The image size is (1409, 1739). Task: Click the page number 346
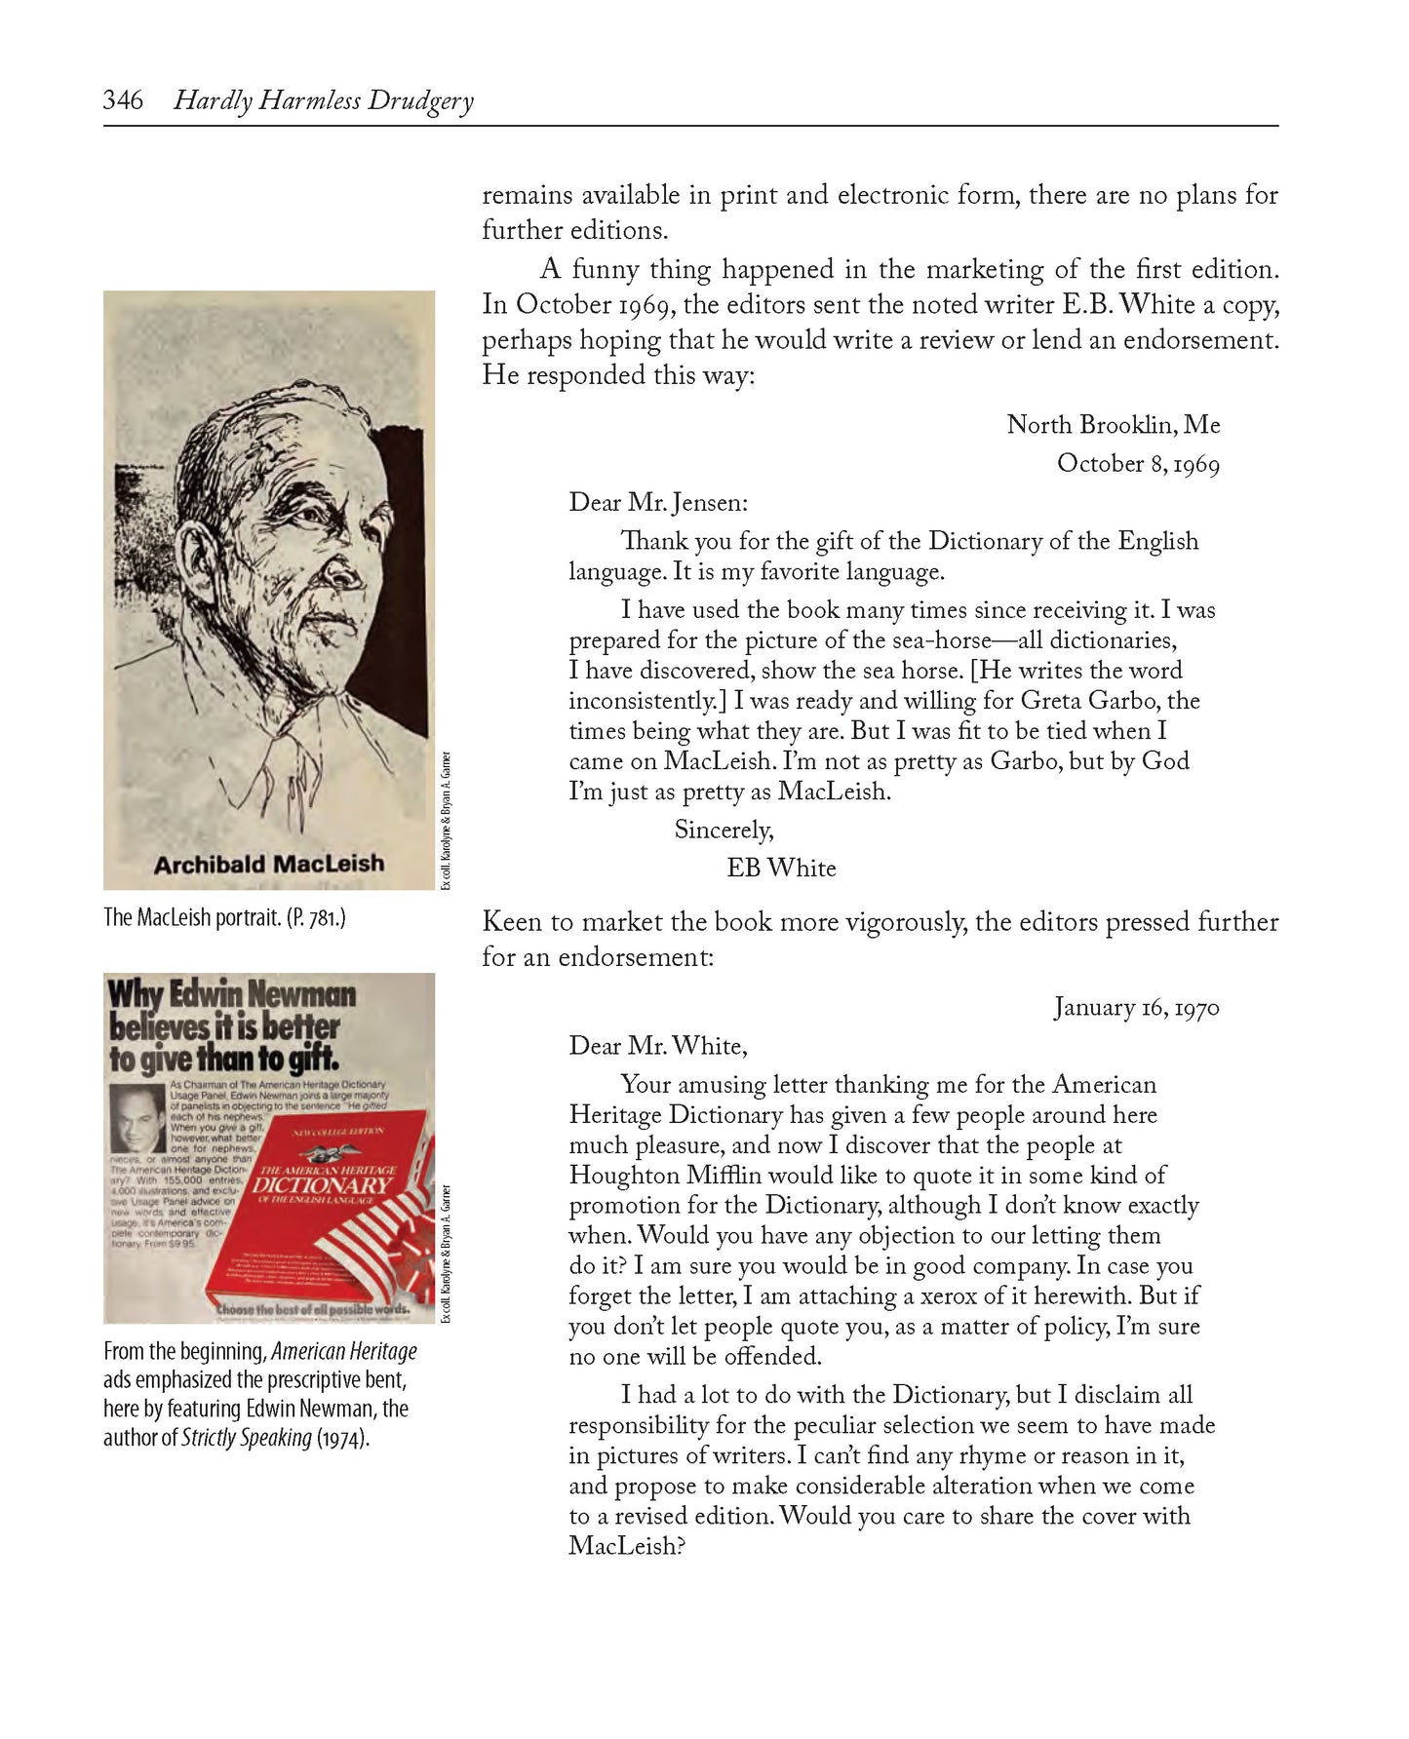[x=123, y=100]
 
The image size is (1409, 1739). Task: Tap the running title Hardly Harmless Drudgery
[x=323, y=101]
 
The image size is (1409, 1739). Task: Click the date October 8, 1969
[x=1138, y=464]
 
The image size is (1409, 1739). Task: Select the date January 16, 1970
[x=1136, y=1008]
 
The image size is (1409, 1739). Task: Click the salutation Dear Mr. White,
[x=658, y=1047]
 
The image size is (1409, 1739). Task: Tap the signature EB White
[x=781, y=869]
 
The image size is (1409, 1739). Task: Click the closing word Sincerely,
[x=724, y=831]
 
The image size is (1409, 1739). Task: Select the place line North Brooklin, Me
[x=1113, y=425]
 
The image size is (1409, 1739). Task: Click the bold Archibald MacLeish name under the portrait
[x=269, y=864]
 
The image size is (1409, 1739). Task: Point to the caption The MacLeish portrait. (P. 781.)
[x=224, y=918]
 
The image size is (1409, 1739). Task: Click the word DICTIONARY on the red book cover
[x=322, y=1185]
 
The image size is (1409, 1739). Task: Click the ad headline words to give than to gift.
[x=223, y=1059]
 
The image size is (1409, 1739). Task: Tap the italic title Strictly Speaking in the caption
[x=247, y=1438]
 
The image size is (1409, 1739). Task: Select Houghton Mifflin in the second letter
[x=673, y=1176]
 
